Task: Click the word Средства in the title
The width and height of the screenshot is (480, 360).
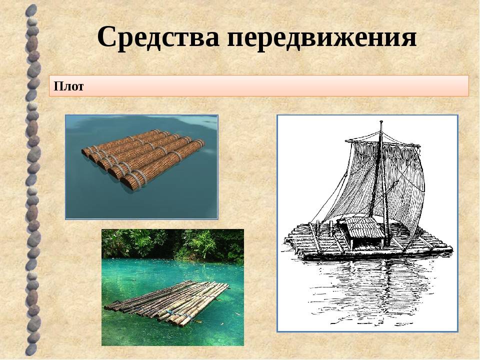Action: click(158, 37)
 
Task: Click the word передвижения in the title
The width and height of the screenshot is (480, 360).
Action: click(321, 38)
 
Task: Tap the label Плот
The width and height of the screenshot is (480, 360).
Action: click(68, 86)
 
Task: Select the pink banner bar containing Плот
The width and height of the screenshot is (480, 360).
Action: click(259, 86)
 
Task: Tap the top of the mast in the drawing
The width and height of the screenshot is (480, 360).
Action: click(381, 122)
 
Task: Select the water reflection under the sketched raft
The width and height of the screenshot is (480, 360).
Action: click(373, 291)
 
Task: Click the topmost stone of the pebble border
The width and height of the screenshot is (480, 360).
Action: click(31, 11)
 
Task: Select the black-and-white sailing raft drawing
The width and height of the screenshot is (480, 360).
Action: click(367, 223)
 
